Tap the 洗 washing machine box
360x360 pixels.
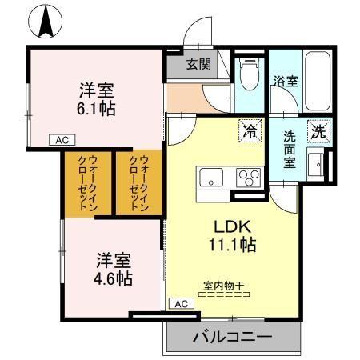pyautogui.click(x=319, y=130)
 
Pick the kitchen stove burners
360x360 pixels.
pyautogui.click(x=249, y=177)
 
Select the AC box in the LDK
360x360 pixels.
pyautogui.click(x=181, y=303)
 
